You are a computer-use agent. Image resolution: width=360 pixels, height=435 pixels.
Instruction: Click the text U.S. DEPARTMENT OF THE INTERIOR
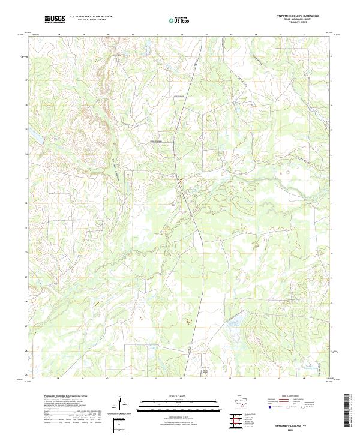click(91, 17)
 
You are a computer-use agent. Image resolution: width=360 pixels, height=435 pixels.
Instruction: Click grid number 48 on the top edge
click(305, 35)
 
